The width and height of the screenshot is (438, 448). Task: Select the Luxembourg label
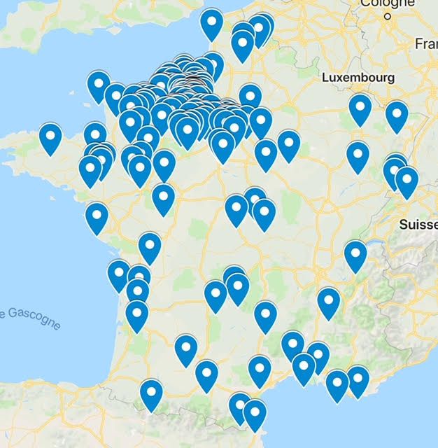[x=358, y=78]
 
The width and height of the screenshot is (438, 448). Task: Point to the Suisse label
[x=418, y=225]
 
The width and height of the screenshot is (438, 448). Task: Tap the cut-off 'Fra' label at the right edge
[x=426, y=43]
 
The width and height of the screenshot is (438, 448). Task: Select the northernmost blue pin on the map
[x=211, y=22]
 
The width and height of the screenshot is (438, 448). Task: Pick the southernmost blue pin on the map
[x=254, y=412]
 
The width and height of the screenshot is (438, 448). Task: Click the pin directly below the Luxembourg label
[x=360, y=108]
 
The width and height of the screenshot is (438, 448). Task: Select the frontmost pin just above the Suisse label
[x=407, y=180]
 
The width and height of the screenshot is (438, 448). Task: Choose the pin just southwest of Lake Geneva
[x=355, y=254]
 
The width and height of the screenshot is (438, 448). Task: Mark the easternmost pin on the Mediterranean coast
[x=358, y=379]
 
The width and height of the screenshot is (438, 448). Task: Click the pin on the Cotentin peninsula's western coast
[x=99, y=85]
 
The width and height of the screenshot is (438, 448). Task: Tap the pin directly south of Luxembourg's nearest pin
[x=358, y=155]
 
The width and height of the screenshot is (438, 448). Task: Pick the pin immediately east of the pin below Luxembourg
[x=397, y=115]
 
